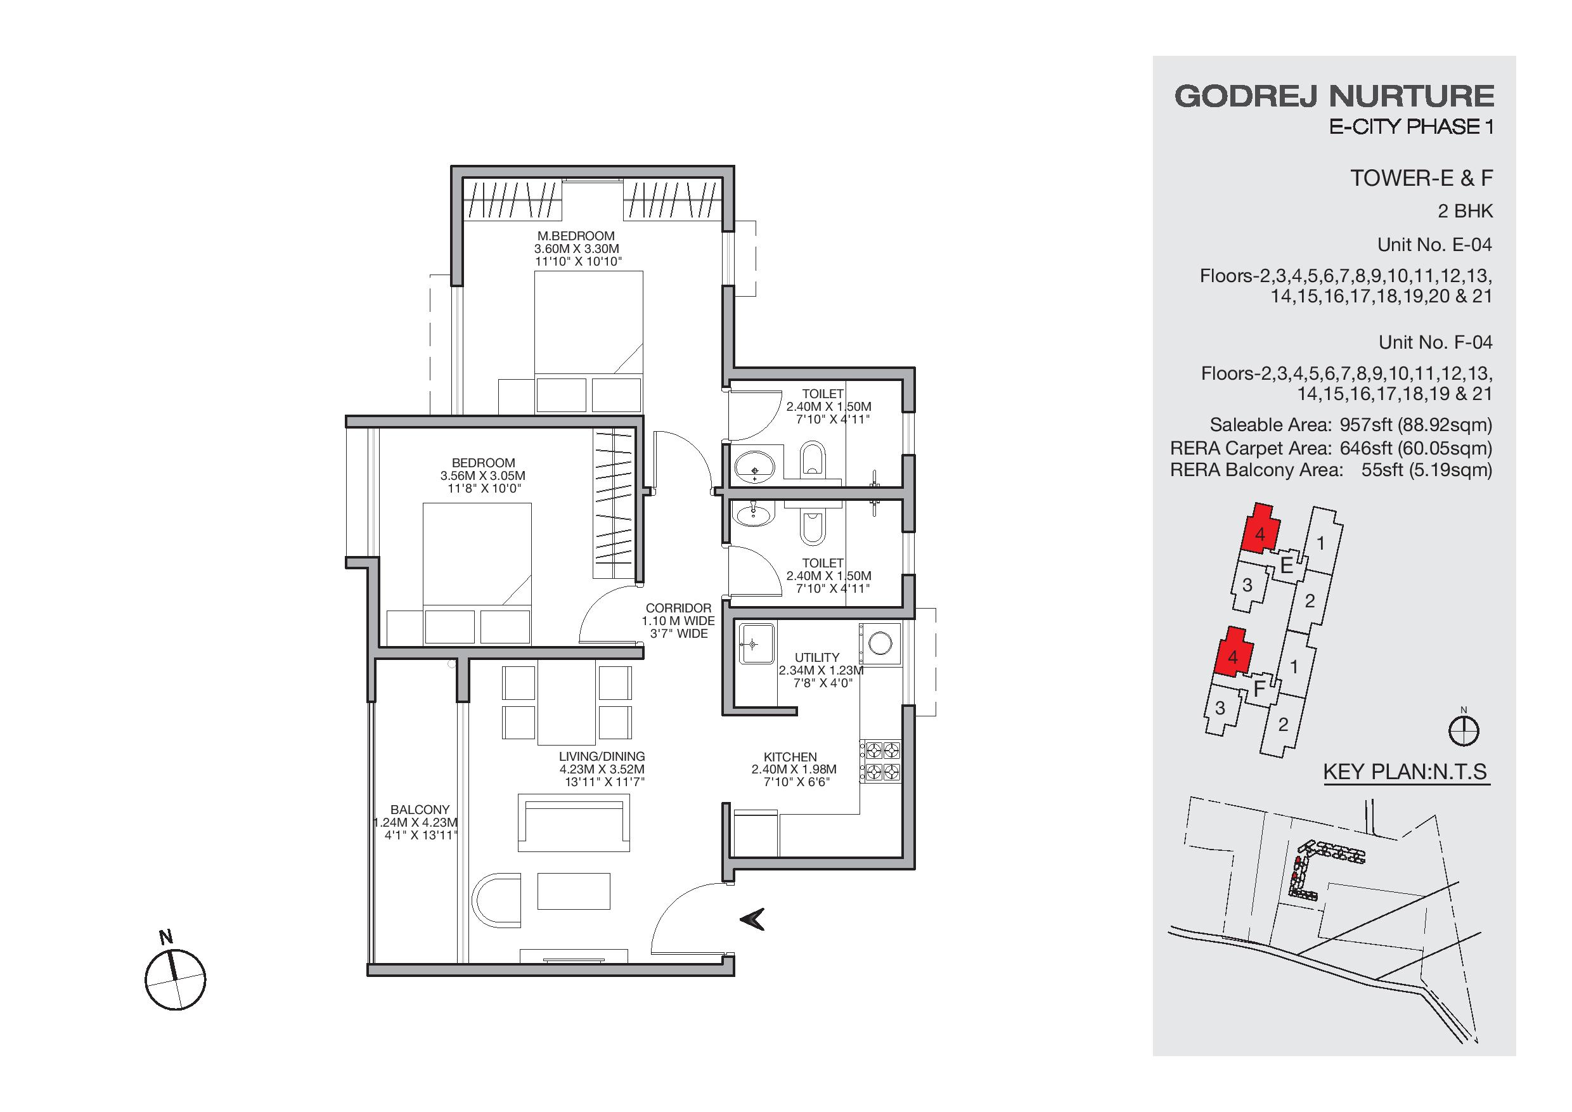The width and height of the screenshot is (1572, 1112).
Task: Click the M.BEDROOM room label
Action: (x=576, y=236)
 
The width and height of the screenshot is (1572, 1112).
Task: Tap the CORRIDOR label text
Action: (x=678, y=608)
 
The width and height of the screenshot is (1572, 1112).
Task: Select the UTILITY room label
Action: (x=817, y=657)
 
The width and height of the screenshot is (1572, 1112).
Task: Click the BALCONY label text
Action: (x=420, y=810)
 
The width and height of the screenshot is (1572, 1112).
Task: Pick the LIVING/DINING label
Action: (x=602, y=756)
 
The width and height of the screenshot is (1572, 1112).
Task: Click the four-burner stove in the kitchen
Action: (x=881, y=761)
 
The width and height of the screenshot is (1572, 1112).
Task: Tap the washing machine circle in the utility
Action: (x=880, y=643)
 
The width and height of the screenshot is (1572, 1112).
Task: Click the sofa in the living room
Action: (x=574, y=822)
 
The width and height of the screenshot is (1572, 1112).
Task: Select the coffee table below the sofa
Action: (x=574, y=891)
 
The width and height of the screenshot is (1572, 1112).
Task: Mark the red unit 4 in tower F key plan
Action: (x=1233, y=652)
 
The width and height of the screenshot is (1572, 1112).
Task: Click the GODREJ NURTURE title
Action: (x=1334, y=96)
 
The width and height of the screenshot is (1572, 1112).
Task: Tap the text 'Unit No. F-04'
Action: (x=1435, y=342)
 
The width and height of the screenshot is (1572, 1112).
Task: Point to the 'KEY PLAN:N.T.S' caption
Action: (x=1405, y=772)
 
